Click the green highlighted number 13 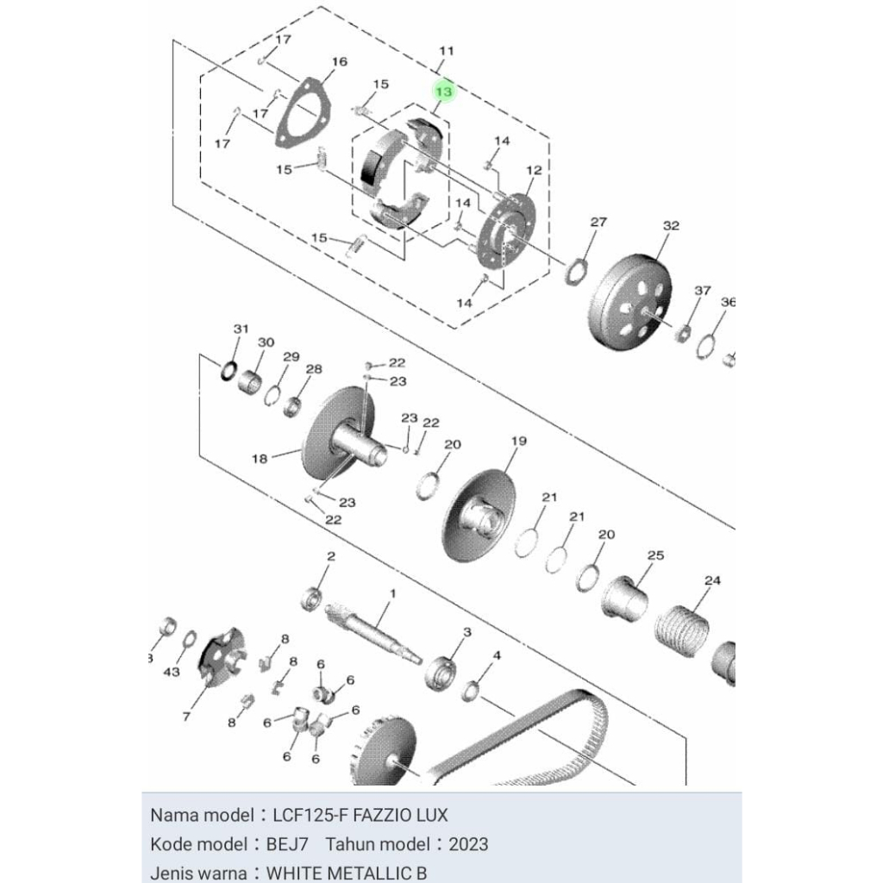point(444,91)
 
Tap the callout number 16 point(339,62)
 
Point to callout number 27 point(598,222)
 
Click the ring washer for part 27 point(576,272)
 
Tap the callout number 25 point(655,555)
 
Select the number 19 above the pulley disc point(518,441)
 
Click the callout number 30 point(266,342)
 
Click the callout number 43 point(172,671)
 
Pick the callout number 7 point(186,717)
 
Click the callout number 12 point(533,171)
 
